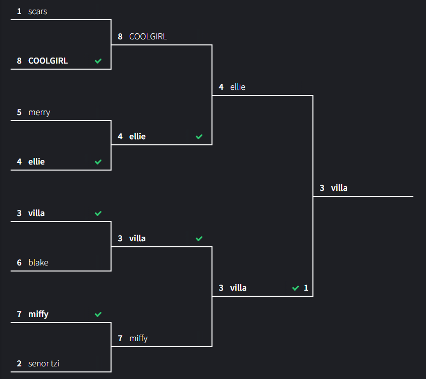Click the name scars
pos(37,11)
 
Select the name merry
pos(39,112)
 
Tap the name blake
pos(38,262)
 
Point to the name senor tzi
pos(43,363)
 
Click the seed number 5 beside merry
pos(19,112)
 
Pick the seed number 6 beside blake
pos(19,262)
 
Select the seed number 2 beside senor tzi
pos(19,363)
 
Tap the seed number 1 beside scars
pos(19,11)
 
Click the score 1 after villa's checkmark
pos(306,288)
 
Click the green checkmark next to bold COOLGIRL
pos(98,61)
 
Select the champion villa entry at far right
pos(339,188)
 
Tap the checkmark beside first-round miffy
pos(98,314)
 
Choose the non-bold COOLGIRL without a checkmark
pos(148,36)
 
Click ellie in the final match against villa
pos(238,87)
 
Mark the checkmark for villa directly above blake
pos(98,213)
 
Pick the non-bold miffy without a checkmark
pos(138,338)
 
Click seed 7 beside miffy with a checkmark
pos(19,314)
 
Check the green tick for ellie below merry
pos(98,162)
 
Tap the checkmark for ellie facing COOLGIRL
pos(199,137)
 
